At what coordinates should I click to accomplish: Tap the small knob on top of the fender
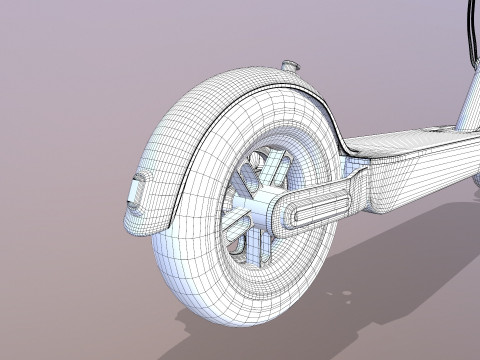click(x=291, y=67)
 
